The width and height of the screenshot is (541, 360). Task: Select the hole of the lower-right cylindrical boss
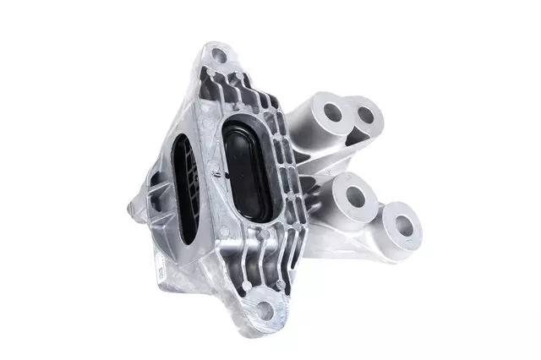pyautogui.click(x=401, y=224)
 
